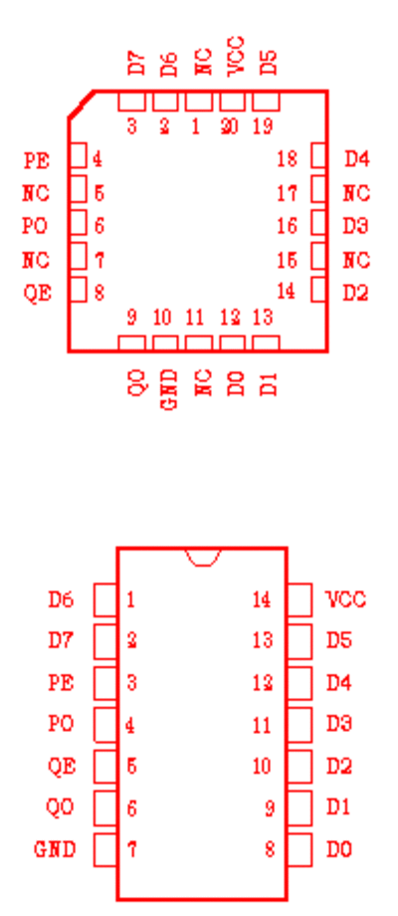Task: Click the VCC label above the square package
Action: (x=235, y=56)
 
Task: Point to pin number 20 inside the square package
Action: (x=229, y=125)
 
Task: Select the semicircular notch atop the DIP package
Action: (x=203, y=558)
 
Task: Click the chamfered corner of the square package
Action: (x=82, y=104)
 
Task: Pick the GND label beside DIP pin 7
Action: (x=55, y=849)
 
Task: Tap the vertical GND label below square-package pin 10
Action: (x=169, y=388)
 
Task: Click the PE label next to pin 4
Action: (x=36, y=159)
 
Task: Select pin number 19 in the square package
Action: (x=264, y=125)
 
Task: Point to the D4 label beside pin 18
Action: (x=356, y=158)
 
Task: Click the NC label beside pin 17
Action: (x=356, y=192)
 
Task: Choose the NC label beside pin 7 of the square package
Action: (x=36, y=260)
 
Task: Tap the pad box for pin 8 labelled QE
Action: (x=79, y=290)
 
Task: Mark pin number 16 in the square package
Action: (x=287, y=225)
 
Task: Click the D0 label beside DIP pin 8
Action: (x=339, y=849)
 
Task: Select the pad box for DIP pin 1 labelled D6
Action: (x=105, y=600)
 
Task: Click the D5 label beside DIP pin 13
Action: (x=339, y=640)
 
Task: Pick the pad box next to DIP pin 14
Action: (x=299, y=600)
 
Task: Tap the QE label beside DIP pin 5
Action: (x=62, y=766)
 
